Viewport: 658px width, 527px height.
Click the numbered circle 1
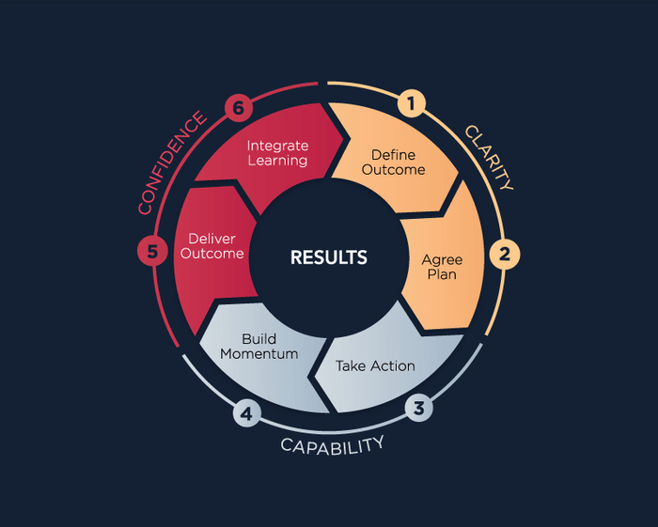click(412, 103)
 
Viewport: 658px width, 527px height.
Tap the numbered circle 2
click(505, 254)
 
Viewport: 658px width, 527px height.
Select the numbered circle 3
click(419, 408)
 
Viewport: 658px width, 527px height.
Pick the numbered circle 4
click(246, 413)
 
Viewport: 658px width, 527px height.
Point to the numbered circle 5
click(152, 252)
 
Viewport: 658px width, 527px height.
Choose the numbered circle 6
click(239, 108)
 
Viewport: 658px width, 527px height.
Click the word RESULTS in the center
click(329, 257)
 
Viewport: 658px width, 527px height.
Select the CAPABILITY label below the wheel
click(332, 446)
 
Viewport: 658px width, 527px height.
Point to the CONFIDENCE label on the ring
click(172, 163)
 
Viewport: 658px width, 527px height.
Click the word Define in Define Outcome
click(393, 155)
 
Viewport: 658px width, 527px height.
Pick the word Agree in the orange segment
click(442, 260)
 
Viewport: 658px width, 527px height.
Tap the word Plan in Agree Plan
click(442, 274)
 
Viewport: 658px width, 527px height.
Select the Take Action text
click(375, 366)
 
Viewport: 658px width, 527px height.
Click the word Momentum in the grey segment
click(258, 354)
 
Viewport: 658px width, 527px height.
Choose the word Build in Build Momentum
click(258, 339)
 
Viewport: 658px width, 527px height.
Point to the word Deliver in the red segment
click(211, 239)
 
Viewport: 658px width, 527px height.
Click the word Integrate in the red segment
click(277, 146)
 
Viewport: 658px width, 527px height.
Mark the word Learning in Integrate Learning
click(277, 161)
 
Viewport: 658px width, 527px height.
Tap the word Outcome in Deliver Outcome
click(211, 254)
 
